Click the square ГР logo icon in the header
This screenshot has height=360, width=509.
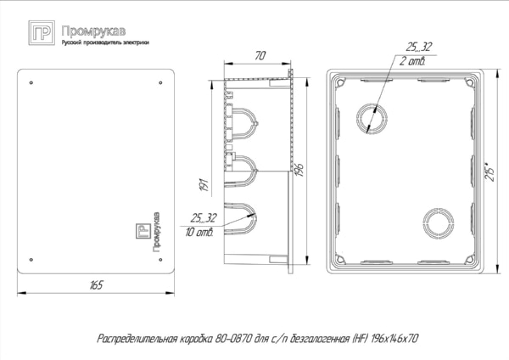pyautogui.click(x=41, y=34)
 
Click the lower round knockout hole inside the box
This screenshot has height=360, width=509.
pyautogui.click(x=438, y=222)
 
